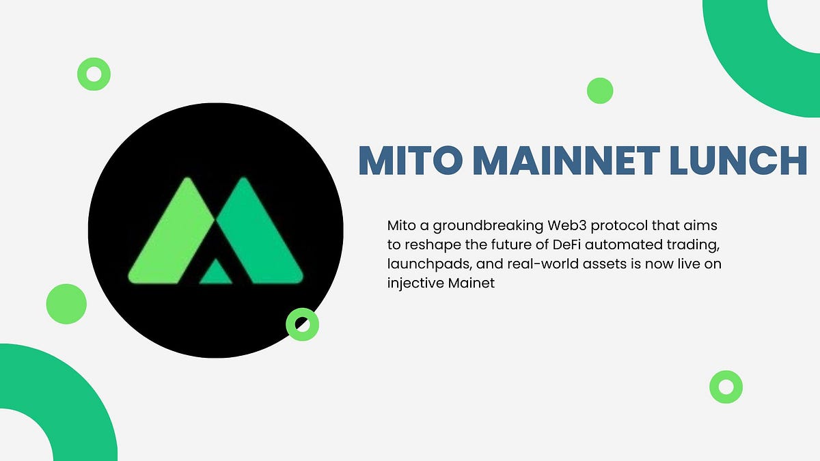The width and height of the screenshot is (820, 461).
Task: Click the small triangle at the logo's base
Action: click(217, 273)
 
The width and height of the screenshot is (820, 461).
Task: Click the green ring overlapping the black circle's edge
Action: click(302, 324)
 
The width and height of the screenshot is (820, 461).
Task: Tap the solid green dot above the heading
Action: click(600, 90)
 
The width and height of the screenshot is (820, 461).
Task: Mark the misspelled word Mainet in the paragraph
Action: click(471, 283)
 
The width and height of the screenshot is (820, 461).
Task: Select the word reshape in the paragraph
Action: click(428, 244)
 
